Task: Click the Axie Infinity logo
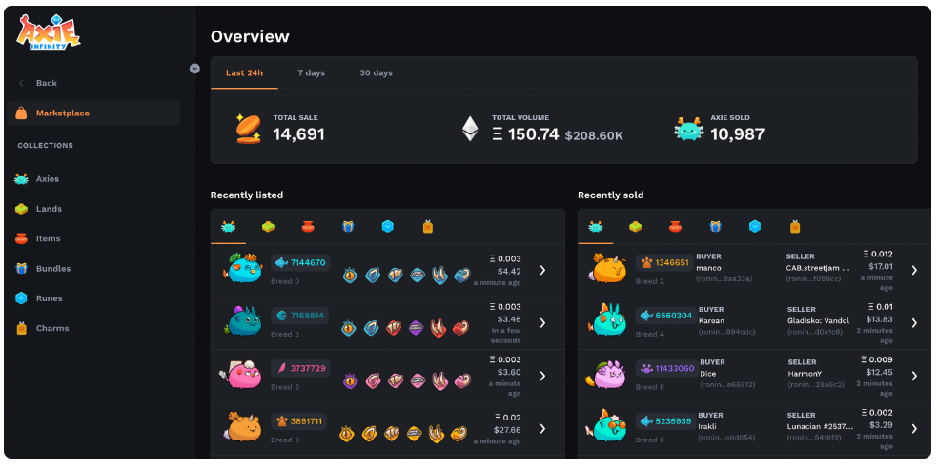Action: pos(47,32)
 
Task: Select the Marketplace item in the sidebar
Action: pos(62,113)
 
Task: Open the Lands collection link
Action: pos(49,209)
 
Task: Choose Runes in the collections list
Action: pos(49,298)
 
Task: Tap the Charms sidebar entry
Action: pos(51,328)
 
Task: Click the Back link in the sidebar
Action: pos(46,83)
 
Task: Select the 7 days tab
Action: pos(311,73)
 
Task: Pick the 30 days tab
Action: pos(376,73)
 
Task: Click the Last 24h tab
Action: pos(244,73)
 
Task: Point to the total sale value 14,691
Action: pos(298,134)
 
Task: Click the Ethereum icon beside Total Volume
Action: pos(470,129)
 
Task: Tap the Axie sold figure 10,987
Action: pos(737,134)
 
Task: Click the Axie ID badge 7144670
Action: pos(301,263)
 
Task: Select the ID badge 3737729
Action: pos(301,368)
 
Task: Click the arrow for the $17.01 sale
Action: pos(913,270)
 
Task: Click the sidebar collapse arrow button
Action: pos(194,68)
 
